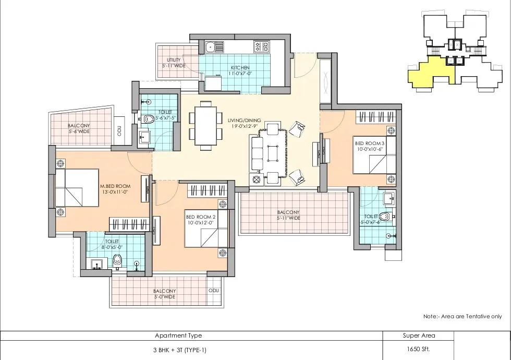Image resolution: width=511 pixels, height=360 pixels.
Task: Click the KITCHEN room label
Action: click(x=240, y=67)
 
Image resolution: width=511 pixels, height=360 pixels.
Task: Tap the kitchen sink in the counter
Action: click(x=214, y=46)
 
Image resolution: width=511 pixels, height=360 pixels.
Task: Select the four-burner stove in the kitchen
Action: click(x=261, y=46)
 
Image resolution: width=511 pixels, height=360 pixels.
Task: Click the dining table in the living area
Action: click(x=206, y=126)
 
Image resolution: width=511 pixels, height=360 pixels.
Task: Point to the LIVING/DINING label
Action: click(x=245, y=121)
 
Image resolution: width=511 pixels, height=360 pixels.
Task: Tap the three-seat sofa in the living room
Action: click(x=256, y=154)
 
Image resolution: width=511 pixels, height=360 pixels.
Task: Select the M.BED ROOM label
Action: click(x=115, y=186)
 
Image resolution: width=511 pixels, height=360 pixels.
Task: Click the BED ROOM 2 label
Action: click(x=201, y=217)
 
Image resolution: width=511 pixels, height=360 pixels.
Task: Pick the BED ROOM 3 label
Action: click(x=370, y=143)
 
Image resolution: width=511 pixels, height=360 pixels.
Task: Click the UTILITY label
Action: click(x=174, y=60)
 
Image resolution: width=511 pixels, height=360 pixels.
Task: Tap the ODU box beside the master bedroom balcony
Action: click(x=119, y=131)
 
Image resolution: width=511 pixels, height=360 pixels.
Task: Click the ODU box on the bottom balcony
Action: click(x=214, y=291)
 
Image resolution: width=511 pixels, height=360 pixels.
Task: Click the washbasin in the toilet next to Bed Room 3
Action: click(x=389, y=198)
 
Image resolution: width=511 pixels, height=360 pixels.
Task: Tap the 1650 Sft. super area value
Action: click(x=418, y=349)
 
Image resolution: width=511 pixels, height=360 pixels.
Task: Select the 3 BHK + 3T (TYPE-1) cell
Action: click(x=179, y=350)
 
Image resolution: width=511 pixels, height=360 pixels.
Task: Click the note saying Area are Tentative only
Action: click(x=463, y=316)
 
